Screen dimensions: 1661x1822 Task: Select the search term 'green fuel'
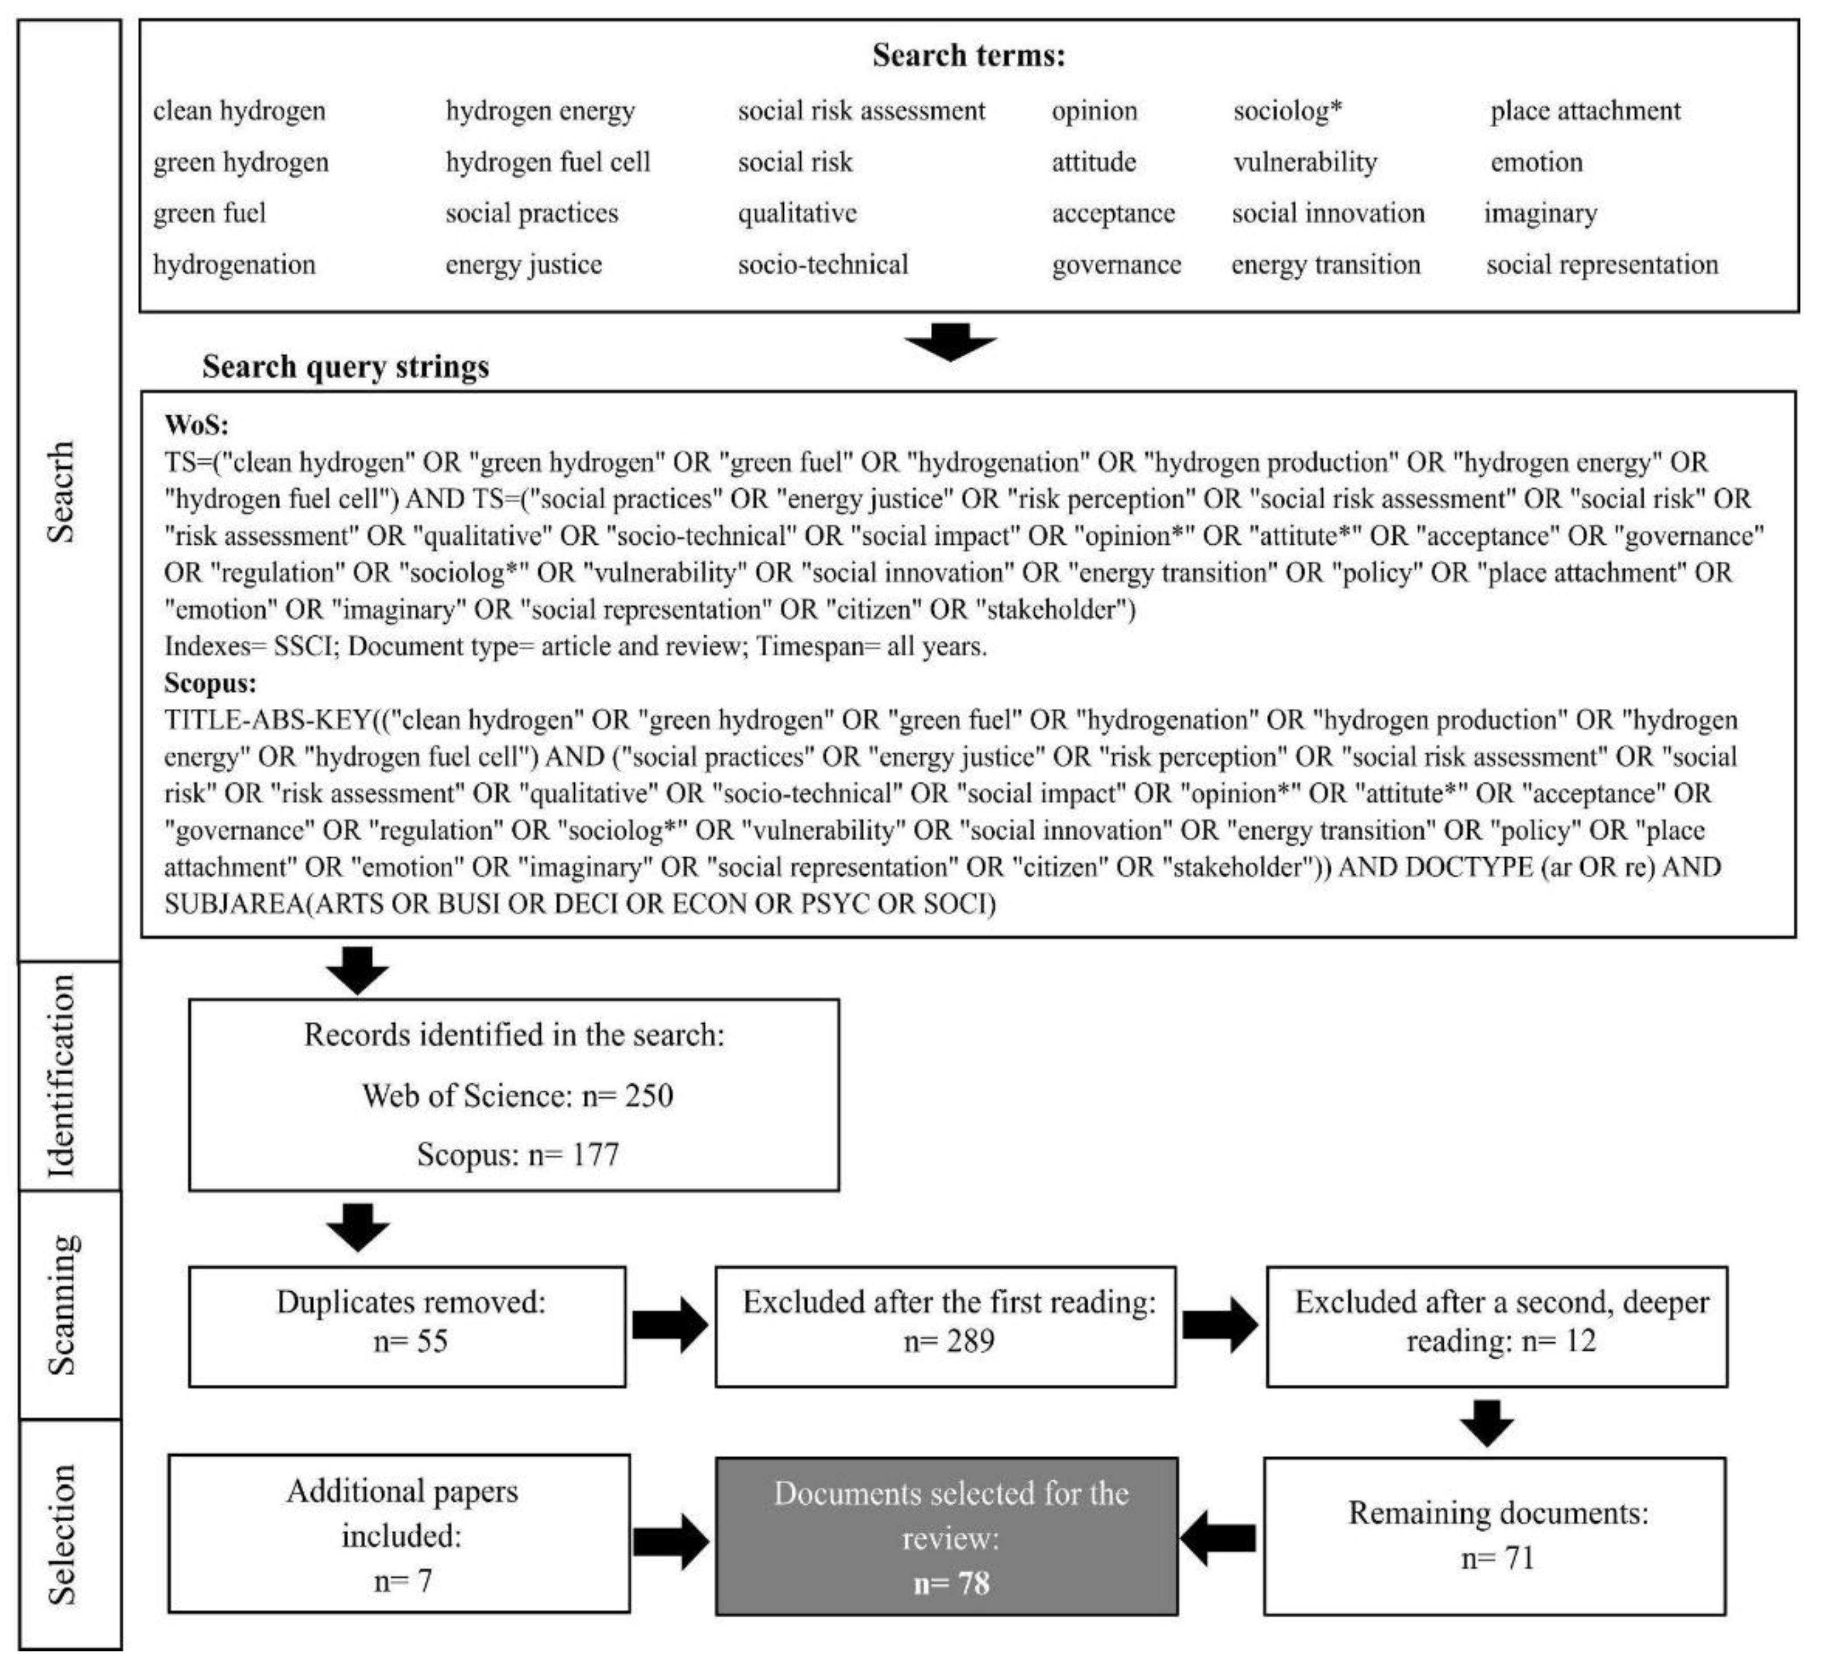tap(209, 213)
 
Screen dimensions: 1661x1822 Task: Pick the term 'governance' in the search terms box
tap(1115, 265)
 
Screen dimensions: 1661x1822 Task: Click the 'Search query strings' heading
tap(345, 367)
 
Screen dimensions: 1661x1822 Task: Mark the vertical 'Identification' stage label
tap(61, 1075)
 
